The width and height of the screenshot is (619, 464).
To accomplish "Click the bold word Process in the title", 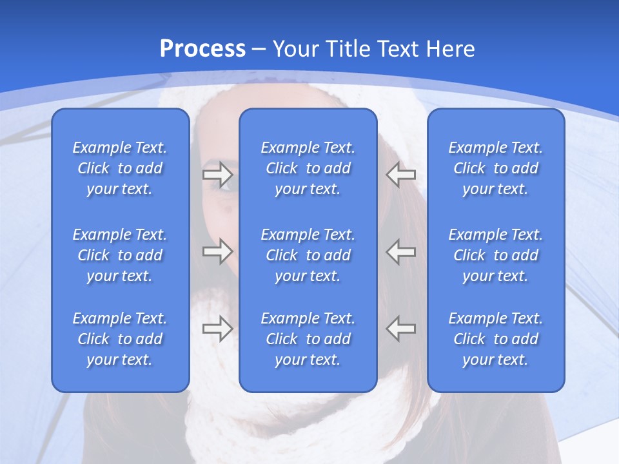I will tap(202, 49).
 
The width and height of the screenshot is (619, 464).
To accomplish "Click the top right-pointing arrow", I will tap(217, 174).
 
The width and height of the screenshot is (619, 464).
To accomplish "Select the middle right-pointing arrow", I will tap(217, 251).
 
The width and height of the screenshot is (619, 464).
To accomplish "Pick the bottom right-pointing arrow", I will tap(217, 329).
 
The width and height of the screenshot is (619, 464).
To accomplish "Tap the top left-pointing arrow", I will tap(401, 174).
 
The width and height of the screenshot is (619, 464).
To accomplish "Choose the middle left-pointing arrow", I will tap(401, 251).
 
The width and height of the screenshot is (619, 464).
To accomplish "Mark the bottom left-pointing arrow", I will tap(401, 329).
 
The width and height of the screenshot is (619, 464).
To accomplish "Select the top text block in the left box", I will tap(120, 168).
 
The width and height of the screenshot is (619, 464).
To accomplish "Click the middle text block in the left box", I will tap(120, 255).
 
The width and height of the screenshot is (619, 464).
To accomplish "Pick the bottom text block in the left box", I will tap(120, 339).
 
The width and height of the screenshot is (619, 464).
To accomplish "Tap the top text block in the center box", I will tap(308, 168).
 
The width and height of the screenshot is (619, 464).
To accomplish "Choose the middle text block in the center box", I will tap(308, 255).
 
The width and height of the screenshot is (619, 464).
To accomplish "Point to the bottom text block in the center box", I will tap(308, 339).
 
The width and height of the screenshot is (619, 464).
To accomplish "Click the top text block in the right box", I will tap(496, 168).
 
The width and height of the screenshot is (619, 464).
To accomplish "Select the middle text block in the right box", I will tap(496, 255).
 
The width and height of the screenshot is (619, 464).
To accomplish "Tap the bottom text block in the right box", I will tap(496, 339).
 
